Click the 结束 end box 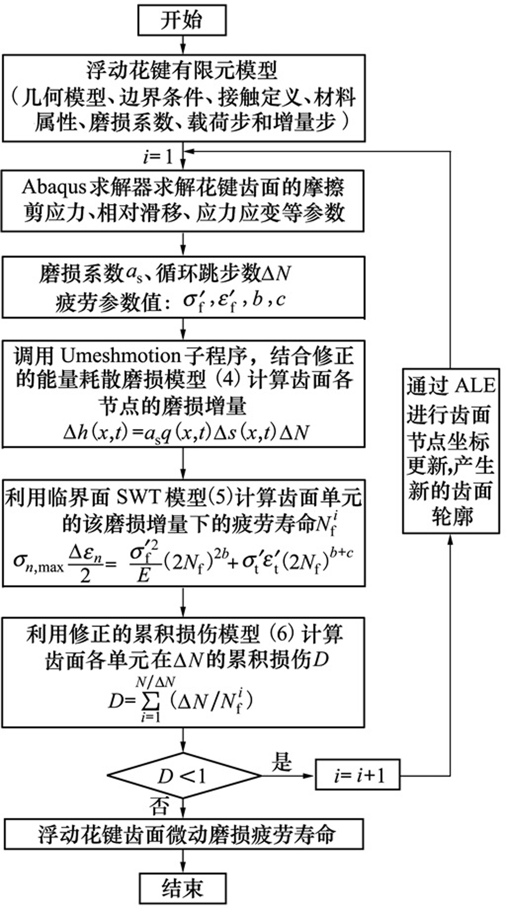(182, 888)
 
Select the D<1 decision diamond (184, 776)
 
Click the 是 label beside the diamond (281, 761)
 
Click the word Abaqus (54, 188)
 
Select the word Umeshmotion (121, 356)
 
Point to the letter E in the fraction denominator (144, 576)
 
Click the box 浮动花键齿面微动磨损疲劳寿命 (183, 834)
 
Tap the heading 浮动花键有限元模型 (183, 70)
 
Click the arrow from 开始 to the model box (183, 44)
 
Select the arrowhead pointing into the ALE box (451, 540)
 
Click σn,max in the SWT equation (38, 565)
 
